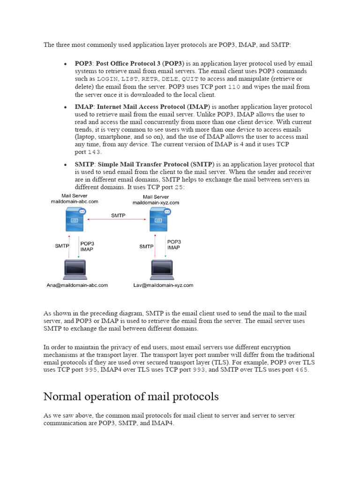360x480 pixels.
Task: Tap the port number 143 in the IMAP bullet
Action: [95, 152]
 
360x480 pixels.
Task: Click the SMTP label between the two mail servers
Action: [118, 216]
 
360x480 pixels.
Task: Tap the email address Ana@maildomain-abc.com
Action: [77, 285]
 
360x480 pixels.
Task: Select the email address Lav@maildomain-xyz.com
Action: [163, 285]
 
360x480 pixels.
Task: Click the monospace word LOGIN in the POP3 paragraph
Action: [107, 79]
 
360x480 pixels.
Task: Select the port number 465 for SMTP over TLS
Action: [302, 370]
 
